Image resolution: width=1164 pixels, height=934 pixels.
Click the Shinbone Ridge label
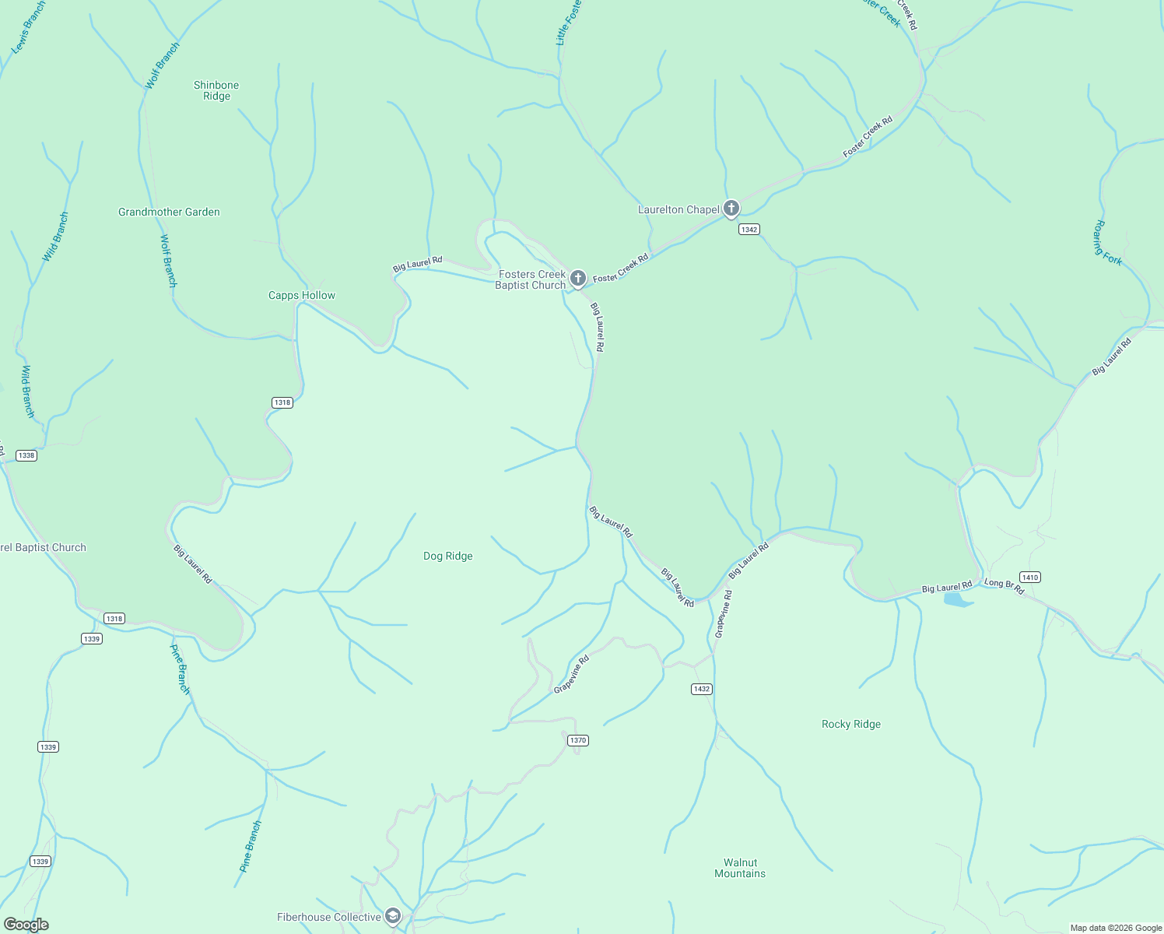[216, 90]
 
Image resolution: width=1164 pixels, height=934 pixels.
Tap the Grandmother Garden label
[169, 212]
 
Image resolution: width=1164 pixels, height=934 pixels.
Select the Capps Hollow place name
[302, 295]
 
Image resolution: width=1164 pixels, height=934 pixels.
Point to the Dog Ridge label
[447, 556]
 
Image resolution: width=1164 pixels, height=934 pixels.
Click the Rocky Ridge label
[851, 724]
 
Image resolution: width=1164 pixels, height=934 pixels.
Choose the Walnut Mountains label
[740, 868]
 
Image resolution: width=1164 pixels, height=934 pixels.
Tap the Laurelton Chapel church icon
[731, 209]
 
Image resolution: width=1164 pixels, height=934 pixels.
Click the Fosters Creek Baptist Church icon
[577, 278]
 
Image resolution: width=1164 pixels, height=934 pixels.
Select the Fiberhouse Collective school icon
[393, 916]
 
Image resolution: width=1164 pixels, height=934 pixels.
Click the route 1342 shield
[749, 230]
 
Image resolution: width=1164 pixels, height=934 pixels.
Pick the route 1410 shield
[1029, 577]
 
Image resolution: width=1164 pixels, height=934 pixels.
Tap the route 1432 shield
[701, 689]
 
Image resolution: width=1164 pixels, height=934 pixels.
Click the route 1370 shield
[577, 740]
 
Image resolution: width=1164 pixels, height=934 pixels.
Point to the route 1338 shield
[26, 455]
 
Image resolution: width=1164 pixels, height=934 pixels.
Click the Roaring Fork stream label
[1108, 243]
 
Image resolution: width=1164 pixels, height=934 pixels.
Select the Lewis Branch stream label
[29, 27]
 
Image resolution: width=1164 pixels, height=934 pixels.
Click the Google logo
[26, 925]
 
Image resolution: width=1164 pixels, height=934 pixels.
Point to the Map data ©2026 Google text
[1116, 928]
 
